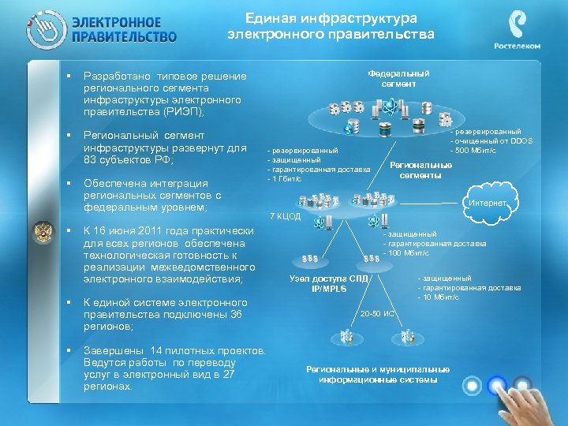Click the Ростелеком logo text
(x=518, y=46)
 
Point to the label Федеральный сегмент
(x=398, y=78)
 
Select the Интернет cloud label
(x=488, y=204)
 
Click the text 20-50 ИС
(x=378, y=314)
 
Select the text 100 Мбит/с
(x=409, y=252)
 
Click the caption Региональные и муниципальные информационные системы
(x=378, y=375)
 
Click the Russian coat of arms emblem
(x=42, y=234)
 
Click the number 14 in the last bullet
(x=156, y=350)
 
